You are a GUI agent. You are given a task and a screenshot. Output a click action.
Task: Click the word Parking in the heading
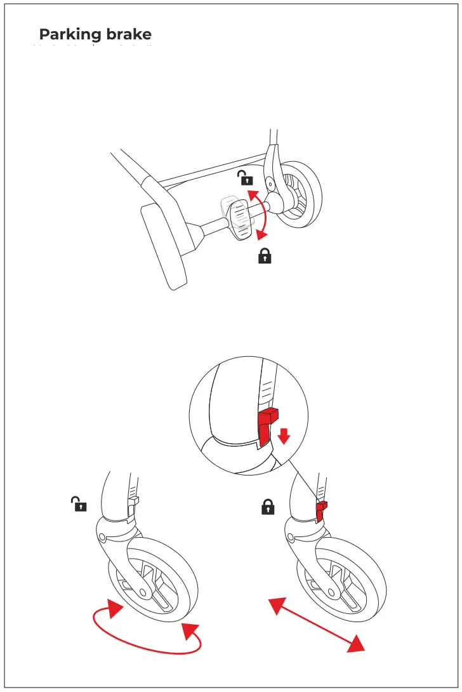coord(67,34)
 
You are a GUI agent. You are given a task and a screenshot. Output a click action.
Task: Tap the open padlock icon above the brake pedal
coord(245,178)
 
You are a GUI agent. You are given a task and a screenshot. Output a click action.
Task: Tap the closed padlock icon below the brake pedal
coord(265,257)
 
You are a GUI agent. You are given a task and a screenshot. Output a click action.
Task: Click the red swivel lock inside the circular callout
coord(267,425)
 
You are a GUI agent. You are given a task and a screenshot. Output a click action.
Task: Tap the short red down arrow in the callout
coord(284,436)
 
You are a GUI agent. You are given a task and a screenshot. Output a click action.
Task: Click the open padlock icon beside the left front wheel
coord(79,505)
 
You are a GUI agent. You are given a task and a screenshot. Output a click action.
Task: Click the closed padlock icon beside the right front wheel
coord(268,507)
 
